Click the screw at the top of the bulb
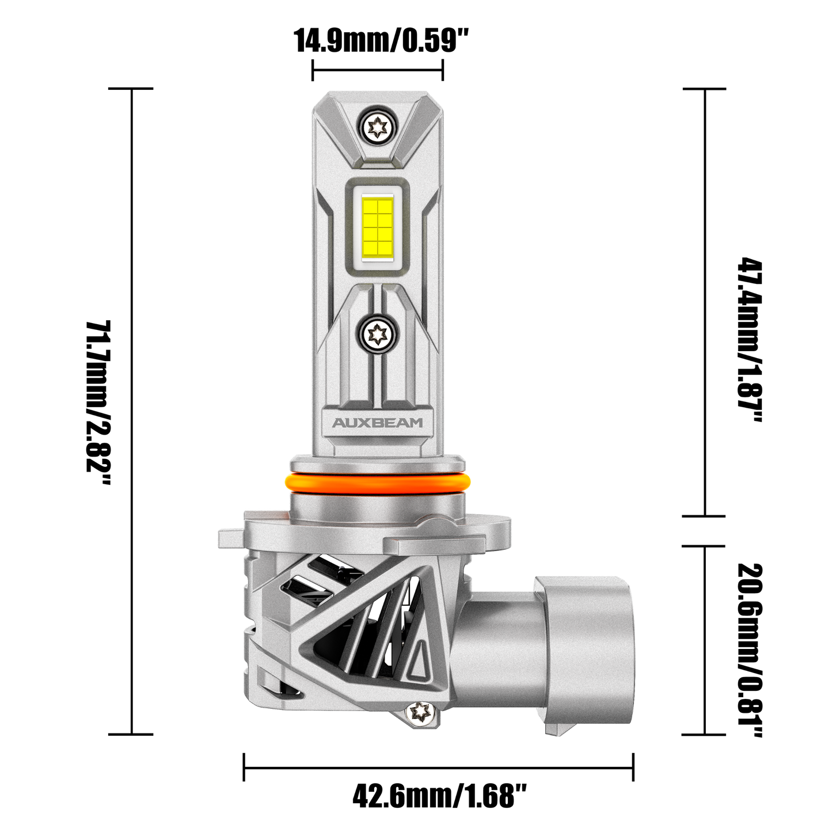pyautogui.click(x=378, y=123)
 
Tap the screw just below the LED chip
pyautogui.click(x=378, y=332)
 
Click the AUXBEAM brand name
pyautogui.click(x=377, y=423)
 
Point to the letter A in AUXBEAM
pyautogui.click(x=339, y=423)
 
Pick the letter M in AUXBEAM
pyautogui.click(x=416, y=423)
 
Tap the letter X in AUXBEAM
pyautogui.click(x=364, y=423)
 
